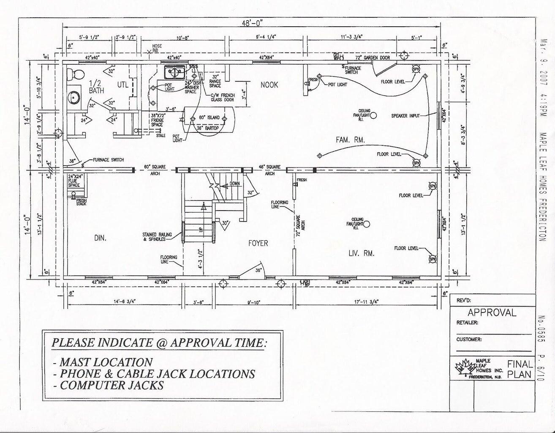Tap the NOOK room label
click(x=269, y=85)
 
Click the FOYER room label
click(x=258, y=243)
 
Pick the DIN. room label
click(x=100, y=238)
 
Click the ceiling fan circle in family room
click(x=376, y=115)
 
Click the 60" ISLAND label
click(x=209, y=117)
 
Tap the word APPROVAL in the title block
click(x=492, y=312)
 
